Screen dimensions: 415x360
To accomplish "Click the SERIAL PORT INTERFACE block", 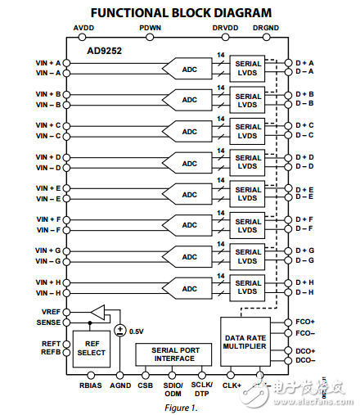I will coord(173,354).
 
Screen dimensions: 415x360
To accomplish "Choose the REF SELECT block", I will coord(91,348).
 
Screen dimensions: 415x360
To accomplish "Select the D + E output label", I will coord(304,189).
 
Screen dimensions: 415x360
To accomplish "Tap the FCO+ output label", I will coord(305,323).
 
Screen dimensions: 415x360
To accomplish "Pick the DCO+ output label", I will coord(305,350).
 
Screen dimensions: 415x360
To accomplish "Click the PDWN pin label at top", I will coord(150,28).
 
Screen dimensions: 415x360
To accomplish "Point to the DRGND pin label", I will coord(266,28).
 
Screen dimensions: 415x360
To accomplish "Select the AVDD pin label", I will coord(83,28).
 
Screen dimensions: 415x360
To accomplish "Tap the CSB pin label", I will coord(146,384).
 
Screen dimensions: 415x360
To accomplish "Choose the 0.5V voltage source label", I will coord(137,332).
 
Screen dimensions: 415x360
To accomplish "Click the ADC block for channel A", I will coord(188,68).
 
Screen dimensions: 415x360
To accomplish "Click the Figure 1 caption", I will coord(180,406).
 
